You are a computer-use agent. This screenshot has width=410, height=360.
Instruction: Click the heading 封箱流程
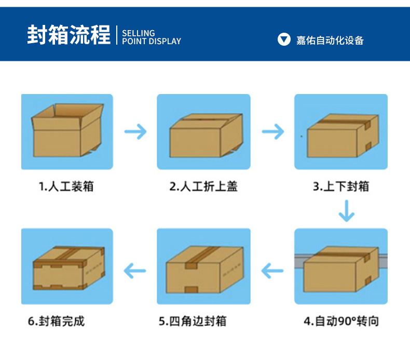point(69,35)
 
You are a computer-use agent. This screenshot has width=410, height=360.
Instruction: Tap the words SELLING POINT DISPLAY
point(151,37)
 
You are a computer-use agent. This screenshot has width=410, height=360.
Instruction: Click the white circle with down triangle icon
point(284,39)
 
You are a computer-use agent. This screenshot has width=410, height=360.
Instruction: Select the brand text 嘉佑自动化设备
point(330,40)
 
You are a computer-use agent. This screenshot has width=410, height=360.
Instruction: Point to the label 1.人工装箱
point(67,186)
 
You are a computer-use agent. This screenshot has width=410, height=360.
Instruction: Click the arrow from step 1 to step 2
point(135,131)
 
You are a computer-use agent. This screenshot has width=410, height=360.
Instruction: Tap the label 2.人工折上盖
point(204,186)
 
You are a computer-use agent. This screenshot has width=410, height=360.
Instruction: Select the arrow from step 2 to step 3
point(272,131)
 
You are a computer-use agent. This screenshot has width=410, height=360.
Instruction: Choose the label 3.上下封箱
point(341,186)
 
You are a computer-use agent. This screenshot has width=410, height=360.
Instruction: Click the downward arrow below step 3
point(346,210)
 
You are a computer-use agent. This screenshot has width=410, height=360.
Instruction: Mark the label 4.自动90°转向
point(341,321)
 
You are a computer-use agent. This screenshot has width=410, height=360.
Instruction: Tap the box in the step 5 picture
point(204,269)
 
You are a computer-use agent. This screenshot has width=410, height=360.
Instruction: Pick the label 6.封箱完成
point(56,321)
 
